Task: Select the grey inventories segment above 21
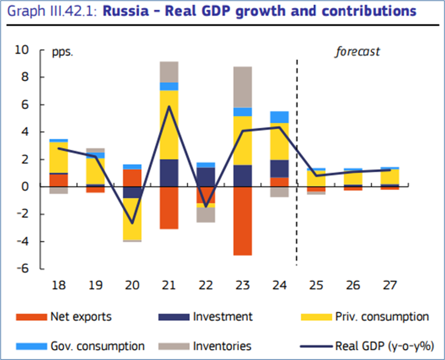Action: pos(168,71)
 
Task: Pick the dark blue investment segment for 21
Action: pos(168,173)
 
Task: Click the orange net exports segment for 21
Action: pos(168,208)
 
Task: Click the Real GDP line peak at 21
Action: pos(168,107)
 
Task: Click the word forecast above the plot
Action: pos(357,52)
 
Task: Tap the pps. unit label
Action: pos(62,52)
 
